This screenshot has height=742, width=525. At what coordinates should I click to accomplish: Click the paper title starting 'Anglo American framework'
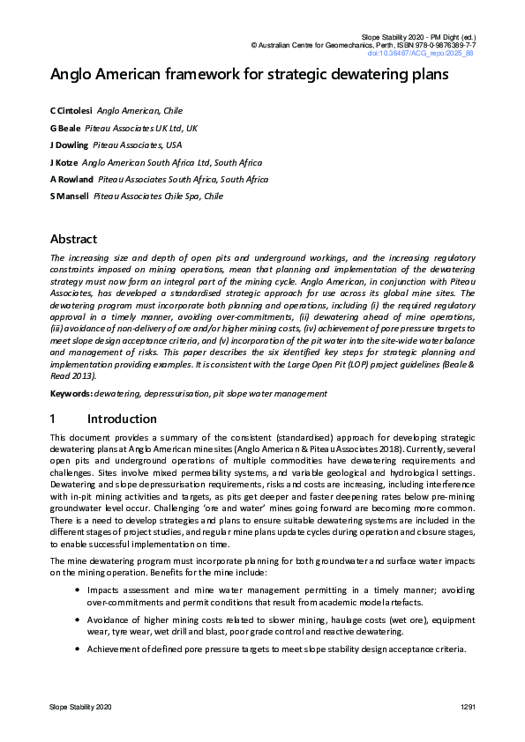click(x=250, y=75)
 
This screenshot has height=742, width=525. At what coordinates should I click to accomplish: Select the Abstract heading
click(x=73, y=239)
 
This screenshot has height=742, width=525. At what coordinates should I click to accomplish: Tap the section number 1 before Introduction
click(x=54, y=419)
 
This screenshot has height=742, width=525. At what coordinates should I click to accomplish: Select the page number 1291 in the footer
click(x=468, y=708)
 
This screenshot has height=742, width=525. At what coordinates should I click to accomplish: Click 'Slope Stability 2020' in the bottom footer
click(x=80, y=708)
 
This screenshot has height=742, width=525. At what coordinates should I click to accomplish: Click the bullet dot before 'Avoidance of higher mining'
click(x=78, y=617)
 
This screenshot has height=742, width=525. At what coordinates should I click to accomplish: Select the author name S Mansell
click(x=69, y=196)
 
